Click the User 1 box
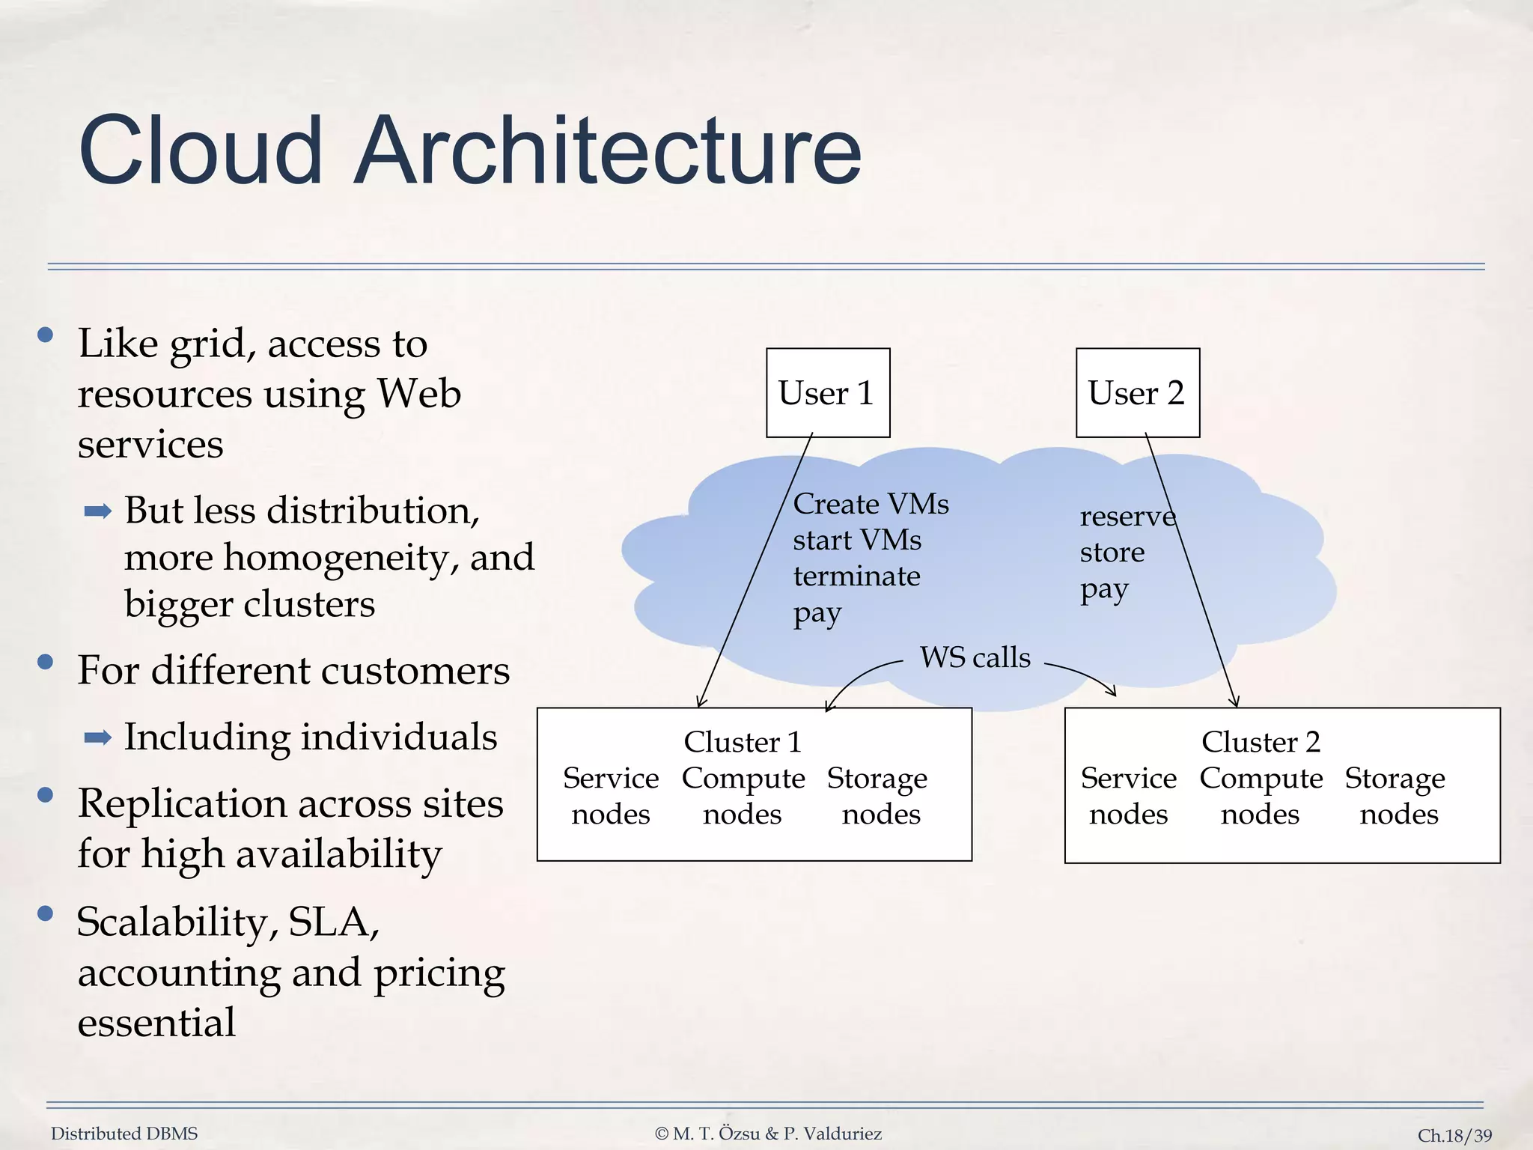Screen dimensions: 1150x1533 pyautogui.click(x=827, y=392)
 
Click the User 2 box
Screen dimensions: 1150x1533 pyautogui.click(x=1137, y=392)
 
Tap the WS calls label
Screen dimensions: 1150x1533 pyautogui.click(x=975, y=657)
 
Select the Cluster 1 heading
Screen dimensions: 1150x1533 pyautogui.click(x=743, y=742)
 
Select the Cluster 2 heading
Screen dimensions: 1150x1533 pyautogui.click(x=1261, y=742)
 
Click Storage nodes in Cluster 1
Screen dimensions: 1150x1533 pyautogui.click(x=878, y=796)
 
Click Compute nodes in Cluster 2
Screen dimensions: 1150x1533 pyautogui.click(x=1261, y=796)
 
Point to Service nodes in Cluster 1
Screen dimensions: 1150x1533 pyautogui.click(x=611, y=796)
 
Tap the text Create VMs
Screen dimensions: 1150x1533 pyautogui.click(x=871, y=504)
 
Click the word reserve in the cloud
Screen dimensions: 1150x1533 pyautogui.click(x=1127, y=517)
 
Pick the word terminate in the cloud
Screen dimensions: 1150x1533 pyautogui.click(x=856, y=576)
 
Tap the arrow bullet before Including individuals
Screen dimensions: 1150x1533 pyautogui.click(x=98, y=738)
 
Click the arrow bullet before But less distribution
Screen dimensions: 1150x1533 pyautogui.click(x=98, y=512)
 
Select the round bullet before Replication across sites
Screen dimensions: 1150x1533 pyautogui.click(x=46, y=794)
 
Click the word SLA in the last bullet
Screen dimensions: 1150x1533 pyautogui.click(x=334, y=922)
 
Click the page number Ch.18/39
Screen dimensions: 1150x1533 pyautogui.click(x=1454, y=1135)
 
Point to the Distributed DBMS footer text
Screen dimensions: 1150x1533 pyautogui.click(x=124, y=1134)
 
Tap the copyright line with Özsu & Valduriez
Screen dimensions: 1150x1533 pyautogui.click(x=768, y=1134)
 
